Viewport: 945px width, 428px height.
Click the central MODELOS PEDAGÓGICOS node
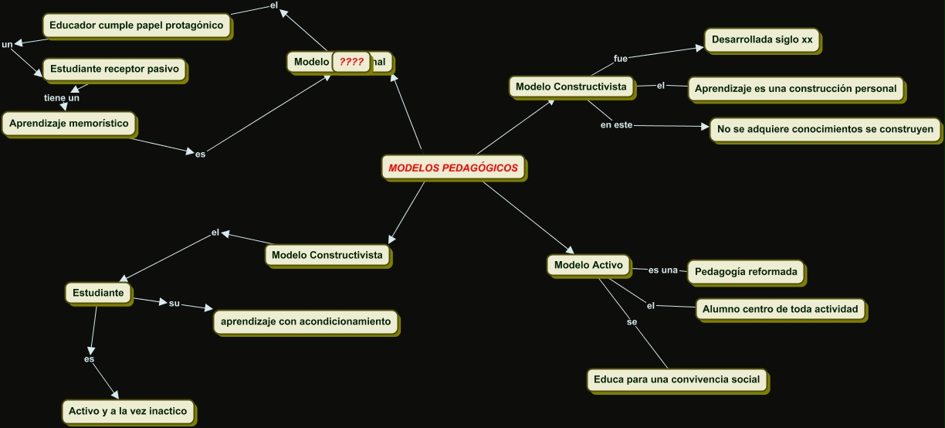453,168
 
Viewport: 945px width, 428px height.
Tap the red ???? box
351,62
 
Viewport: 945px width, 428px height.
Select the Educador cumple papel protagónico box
136,25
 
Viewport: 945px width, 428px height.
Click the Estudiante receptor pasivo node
114,69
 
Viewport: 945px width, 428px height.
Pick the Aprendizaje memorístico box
69,122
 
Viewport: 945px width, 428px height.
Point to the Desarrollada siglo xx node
762,40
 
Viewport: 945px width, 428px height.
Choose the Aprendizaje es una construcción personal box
795,89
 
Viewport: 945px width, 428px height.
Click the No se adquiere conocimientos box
825,129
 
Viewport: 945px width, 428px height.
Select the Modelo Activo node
588,265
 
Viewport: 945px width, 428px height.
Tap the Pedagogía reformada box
746,272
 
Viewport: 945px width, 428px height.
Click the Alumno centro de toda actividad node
780,309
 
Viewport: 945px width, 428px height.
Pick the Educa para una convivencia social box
676,379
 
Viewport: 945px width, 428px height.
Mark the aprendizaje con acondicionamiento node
306,321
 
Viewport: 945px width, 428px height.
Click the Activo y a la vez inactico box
127,411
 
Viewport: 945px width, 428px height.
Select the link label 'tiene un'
62,98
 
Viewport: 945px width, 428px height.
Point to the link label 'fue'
621,59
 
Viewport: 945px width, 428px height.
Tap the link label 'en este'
617,125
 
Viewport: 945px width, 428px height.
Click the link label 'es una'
662,270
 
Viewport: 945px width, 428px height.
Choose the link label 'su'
174,303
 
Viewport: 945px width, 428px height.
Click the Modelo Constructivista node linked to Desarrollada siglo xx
571,87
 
